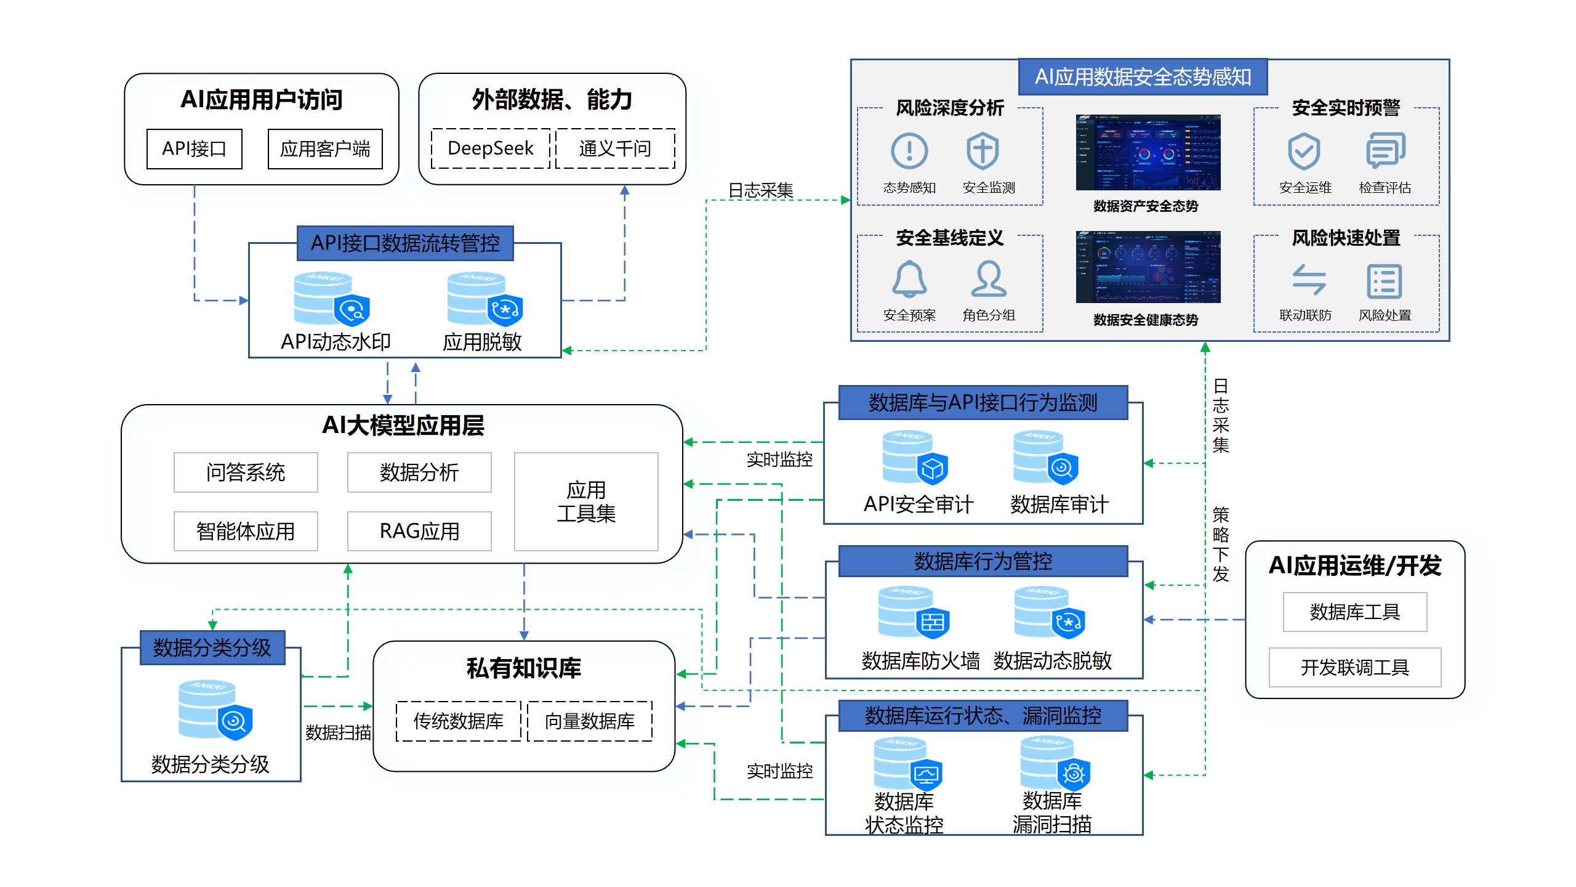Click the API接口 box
[x=194, y=148]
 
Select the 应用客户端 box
[x=325, y=148]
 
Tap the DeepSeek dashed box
[x=491, y=148]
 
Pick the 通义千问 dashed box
[x=615, y=148]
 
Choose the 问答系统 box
[x=246, y=472]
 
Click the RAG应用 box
[x=419, y=531]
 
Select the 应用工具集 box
[x=586, y=501]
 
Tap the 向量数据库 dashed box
[x=590, y=721]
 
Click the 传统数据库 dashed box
[x=459, y=721]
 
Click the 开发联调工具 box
[x=1355, y=667]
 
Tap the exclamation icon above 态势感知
[x=909, y=151]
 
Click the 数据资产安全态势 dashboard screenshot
[x=1148, y=152]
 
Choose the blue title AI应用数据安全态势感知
[x=1143, y=77]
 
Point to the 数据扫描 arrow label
[x=338, y=732]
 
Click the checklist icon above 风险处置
[x=1385, y=281]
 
